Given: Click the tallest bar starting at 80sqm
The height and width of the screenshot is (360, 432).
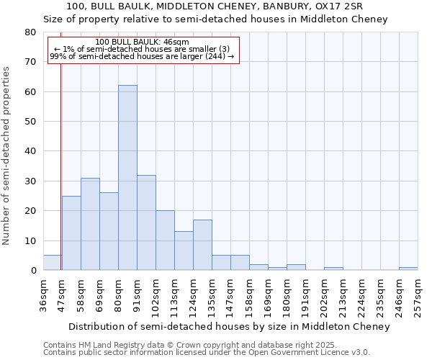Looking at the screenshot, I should tap(127, 178).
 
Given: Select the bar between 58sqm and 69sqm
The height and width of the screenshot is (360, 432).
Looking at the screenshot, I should tap(90, 224).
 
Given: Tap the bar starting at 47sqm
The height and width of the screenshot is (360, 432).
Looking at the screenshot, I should tap(71, 233).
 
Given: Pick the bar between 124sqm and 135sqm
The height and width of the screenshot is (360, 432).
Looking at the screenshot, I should tap(202, 245).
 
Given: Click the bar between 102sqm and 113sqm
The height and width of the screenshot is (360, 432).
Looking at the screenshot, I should tap(165, 240).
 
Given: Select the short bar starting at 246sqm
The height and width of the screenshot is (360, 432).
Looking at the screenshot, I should tap(408, 269).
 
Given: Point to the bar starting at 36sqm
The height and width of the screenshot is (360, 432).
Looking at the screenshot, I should tap(52, 263).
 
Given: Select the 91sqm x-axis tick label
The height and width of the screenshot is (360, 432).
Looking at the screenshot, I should tap(138, 294).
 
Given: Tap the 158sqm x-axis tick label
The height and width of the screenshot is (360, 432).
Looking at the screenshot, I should tap(250, 297).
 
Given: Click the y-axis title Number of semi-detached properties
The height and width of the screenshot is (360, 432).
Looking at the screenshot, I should tap(7, 156).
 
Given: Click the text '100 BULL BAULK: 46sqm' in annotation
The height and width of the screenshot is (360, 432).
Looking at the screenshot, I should tap(142, 42).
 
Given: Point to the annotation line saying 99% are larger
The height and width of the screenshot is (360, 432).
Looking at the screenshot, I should tap(142, 56).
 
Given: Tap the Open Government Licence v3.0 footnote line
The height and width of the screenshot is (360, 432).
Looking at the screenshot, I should tap(207, 352).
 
